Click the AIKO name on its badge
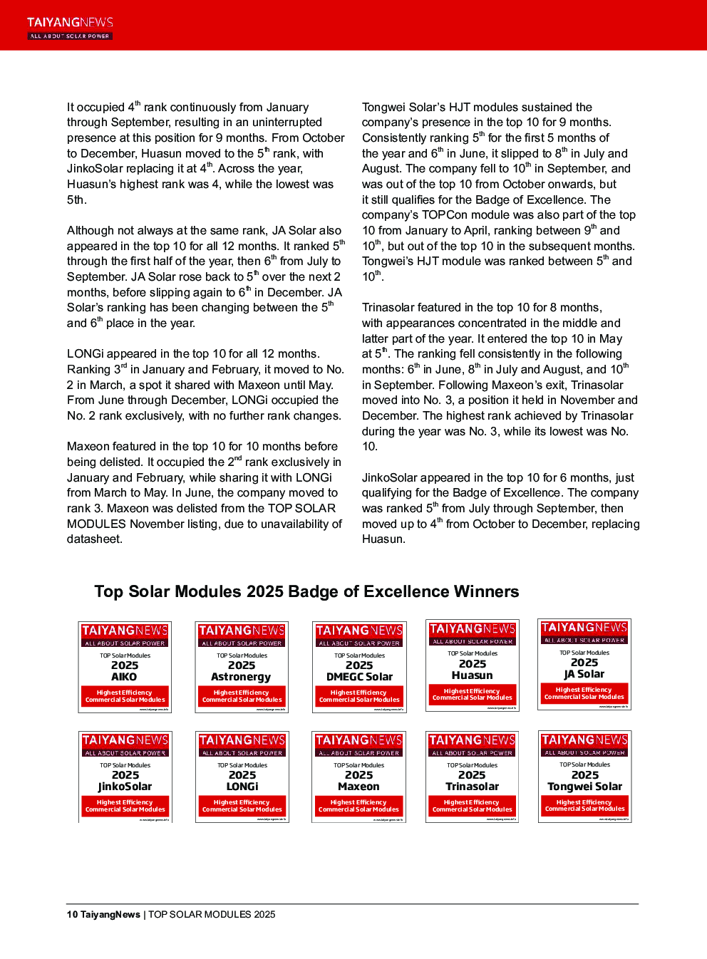coord(124,677)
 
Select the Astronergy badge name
coord(242,677)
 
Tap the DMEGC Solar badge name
coord(359,677)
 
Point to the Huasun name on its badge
coord(472,675)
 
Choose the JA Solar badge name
coord(584,674)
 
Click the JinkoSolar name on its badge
coord(125,787)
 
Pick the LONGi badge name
coord(242,787)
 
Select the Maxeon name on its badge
coord(358,787)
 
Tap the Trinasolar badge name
coord(472,787)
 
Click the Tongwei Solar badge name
coord(584,787)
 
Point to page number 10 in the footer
coord(72,915)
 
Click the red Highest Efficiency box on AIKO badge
coord(125,696)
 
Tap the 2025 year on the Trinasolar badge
coord(472,775)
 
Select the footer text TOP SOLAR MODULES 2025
coord(212,915)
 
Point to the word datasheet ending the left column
coord(95,539)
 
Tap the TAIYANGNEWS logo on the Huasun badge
coord(472,629)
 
